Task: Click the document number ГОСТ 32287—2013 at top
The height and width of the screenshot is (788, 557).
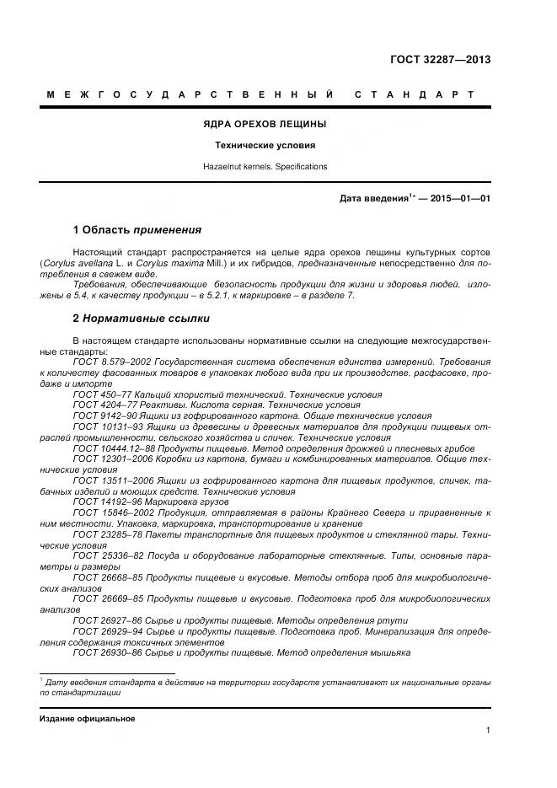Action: click(x=440, y=60)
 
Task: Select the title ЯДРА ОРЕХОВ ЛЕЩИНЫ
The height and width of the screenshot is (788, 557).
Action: click(x=265, y=124)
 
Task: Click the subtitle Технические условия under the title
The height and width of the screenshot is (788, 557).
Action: click(x=265, y=145)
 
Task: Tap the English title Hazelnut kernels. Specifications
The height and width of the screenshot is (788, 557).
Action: click(x=265, y=167)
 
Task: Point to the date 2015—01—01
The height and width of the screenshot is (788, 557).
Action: click(x=460, y=199)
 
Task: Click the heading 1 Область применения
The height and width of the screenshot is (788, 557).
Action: click(x=137, y=229)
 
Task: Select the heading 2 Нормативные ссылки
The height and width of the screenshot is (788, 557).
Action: click(x=142, y=319)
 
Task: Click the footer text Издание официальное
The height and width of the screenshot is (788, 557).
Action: click(x=87, y=719)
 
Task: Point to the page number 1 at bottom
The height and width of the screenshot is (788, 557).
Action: click(x=488, y=731)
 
